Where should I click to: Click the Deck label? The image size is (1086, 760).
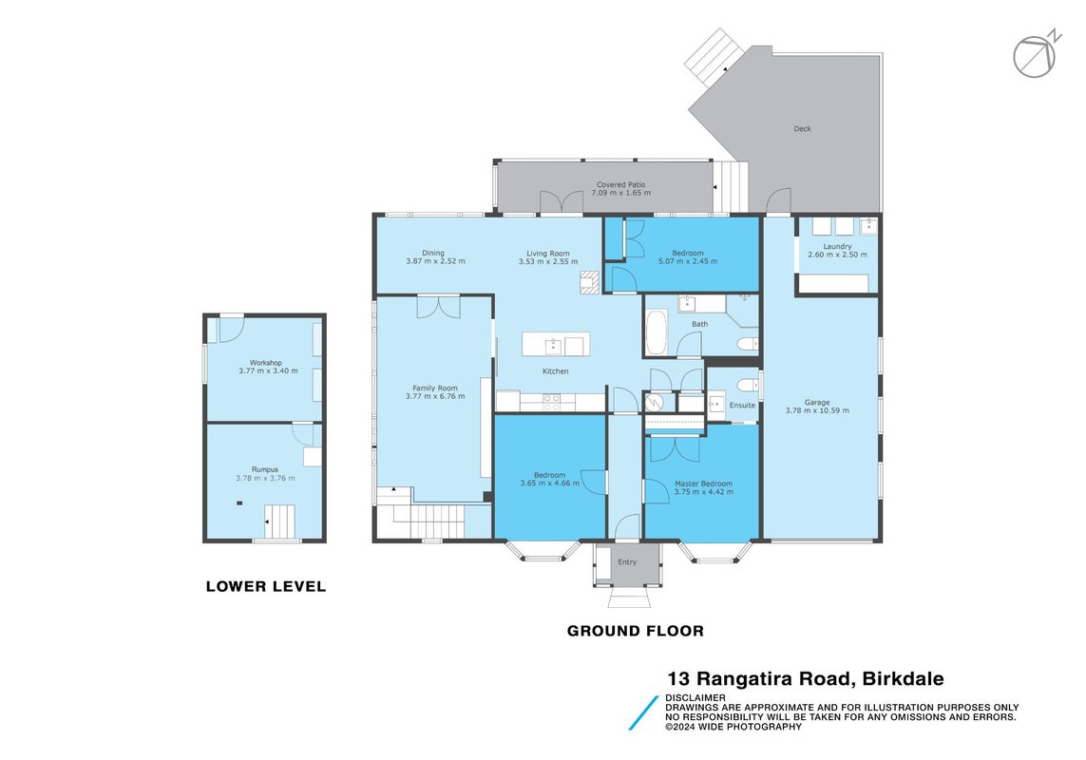[x=802, y=129]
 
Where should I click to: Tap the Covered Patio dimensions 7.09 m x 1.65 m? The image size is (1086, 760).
[x=620, y=193]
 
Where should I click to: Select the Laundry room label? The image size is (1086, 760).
[x=837, y=246]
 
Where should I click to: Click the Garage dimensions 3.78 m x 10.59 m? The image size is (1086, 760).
[x=817, y=410]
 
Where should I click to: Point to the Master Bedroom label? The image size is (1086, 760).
[x=704, y=484]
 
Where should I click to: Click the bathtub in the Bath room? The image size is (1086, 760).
[x=656, y=332]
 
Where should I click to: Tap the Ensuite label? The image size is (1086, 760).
[x=742, y=406]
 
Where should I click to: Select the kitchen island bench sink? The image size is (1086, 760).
[x=553, y=346]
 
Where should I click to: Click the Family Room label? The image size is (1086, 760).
[x=435, y=388]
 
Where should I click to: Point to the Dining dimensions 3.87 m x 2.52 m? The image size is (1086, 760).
[x=436, y=261]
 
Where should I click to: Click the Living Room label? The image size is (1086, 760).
[x=548, y=254]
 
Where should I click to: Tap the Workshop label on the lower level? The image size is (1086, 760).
[x=266, y=362]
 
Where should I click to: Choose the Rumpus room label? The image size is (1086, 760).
[x=264, y=469]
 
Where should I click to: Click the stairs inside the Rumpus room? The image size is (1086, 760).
[x=279, y=522]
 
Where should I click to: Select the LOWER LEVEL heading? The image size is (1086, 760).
[x=266, y=586]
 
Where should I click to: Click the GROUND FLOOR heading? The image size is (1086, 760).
[x=635, y=631]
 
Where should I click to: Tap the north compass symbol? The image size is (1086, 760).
[x=1037, y=54]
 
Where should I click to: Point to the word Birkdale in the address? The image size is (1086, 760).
[x=903, y=678]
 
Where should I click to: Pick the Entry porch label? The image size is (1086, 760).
[x=627, y=561]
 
